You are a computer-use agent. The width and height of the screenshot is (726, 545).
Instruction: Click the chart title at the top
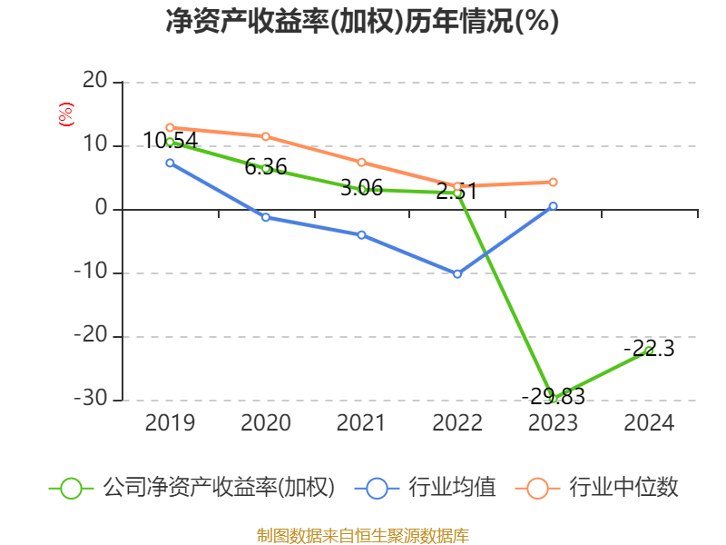pos(362,22)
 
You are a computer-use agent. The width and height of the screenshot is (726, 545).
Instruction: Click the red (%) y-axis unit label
pos(65,114)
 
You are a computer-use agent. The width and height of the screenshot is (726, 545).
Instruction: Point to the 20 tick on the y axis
pos(94,82)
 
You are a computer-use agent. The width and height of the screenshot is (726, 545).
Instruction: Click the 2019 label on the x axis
pos(170,423)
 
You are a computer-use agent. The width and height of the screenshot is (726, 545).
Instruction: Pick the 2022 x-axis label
pos(457,423)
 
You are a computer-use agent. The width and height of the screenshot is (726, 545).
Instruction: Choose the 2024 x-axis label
pos(650,423)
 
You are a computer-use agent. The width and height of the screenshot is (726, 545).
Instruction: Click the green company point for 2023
pos(554,399)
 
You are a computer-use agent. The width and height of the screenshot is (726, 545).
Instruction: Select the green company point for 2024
pos(650,351)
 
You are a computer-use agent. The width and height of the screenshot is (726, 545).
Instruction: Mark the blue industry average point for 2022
pos(457,273)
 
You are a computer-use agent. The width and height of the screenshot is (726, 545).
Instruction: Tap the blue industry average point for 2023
pos(554,206)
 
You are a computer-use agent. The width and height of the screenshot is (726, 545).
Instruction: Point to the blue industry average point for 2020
pos(266,217)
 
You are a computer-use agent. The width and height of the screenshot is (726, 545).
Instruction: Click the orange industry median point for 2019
pos(170,127)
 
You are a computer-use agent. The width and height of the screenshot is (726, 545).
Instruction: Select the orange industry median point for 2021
pos(362,163)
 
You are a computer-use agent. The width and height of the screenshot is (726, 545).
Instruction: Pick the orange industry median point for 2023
pos(554,182)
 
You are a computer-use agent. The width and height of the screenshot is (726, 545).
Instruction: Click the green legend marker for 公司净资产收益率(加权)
pos(72,488)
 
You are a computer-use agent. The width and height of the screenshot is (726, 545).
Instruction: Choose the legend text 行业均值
pos(452,488)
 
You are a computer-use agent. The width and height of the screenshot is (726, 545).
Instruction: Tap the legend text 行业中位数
pos(623,488)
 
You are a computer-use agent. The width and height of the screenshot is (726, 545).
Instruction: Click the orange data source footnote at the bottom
pos(362,535)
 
